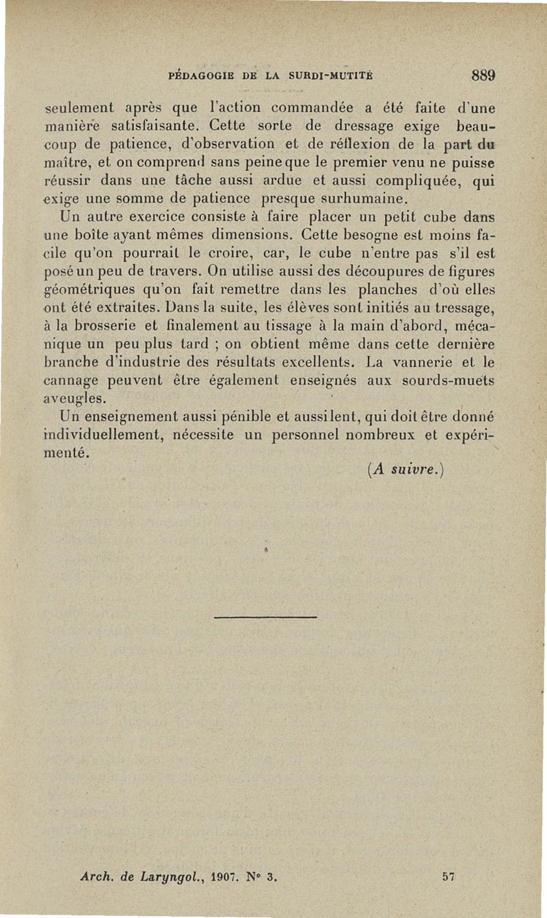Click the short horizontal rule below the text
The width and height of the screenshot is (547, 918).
click(265, 618)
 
